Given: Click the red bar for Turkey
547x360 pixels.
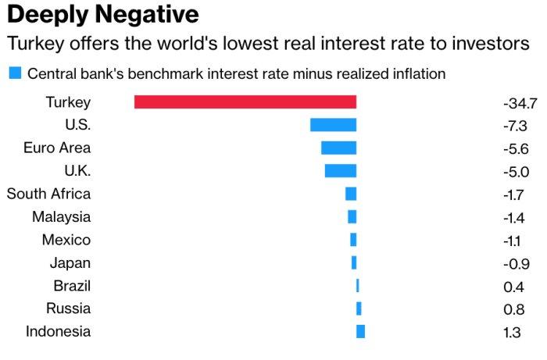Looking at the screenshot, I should pyautogui.click(x=245, y=102).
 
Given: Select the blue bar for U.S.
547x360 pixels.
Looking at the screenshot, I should pyautogui.click(x=333, y=125).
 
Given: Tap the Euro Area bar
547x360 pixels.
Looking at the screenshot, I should pyautogui.click(x=338, y=148).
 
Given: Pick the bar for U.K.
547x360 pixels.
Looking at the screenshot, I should pyautogui.click(x=340, y=170).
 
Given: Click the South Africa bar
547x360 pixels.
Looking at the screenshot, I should pyautogui.click(x=351, y=194).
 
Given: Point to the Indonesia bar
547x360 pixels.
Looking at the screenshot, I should pyautogui.click(x=360, y=331).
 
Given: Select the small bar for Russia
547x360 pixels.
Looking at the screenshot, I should pyautogui.click(x=359, y=308).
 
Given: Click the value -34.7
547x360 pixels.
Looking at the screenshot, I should pyautogui.click(x=520, y=102).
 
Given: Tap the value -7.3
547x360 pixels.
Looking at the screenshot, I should pyautogui.click(x=516, y=126).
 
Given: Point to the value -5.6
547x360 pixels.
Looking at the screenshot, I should pyautogui.click(x=516, y=148).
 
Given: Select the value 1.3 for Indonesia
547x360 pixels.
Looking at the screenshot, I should pyautogui.click(x=512, y=333).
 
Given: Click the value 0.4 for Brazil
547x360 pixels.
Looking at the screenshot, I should pyautogui.click(x=513, y=287).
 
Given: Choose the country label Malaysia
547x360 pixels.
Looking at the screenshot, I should pyautogui.click(x=61, y=217).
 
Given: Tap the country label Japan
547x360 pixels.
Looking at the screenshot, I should pyautogui.click(x=70, y=263).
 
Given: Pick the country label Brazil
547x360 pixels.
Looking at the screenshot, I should pyautogui.click(x=72, y=286).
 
